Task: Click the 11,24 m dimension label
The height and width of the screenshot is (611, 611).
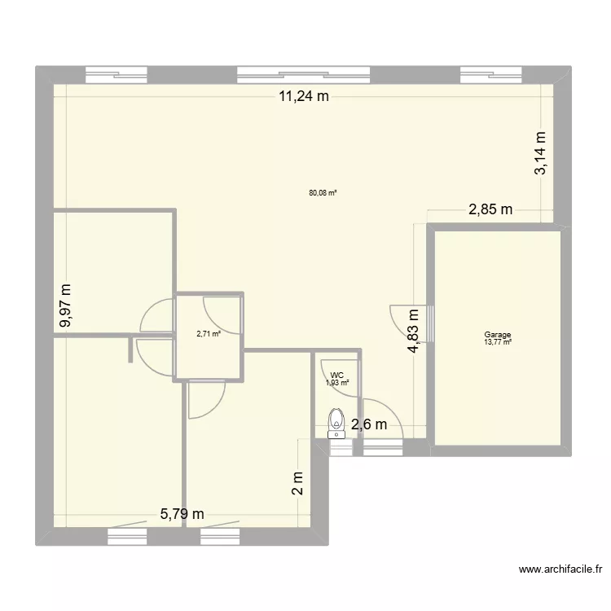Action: click(x=304, y=97)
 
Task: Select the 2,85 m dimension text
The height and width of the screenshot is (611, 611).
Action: click(x=490, y=209)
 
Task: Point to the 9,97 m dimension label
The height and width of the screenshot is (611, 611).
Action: click(x=66, y=305)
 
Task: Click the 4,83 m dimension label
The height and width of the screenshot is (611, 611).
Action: click(x=414, y=330)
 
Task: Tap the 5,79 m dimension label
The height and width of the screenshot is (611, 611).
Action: click(x=182, y=513)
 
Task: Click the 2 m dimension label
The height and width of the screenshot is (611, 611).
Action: click(x=298, y=484)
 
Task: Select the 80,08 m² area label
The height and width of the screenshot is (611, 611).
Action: click(x=323, y=193)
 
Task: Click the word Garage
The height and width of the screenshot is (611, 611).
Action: click(x=497, y=334)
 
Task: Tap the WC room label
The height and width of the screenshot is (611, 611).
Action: click(x=337, y=376)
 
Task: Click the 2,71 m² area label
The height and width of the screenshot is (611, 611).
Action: click(x=209, y=333)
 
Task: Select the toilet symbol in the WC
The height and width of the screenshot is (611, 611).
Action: click(x=336, y=423)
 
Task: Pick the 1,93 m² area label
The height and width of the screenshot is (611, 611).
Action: click(x=337, y=383)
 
